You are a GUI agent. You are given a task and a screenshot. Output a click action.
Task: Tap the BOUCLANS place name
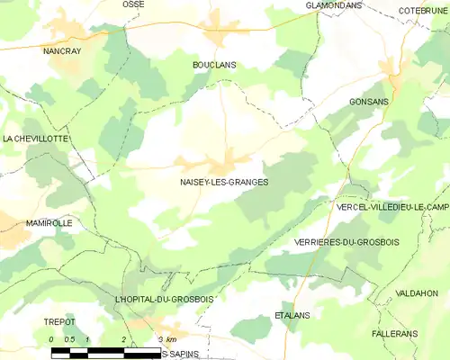tap(214, 66)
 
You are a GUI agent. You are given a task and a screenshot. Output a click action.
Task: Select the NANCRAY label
tap(62, 51)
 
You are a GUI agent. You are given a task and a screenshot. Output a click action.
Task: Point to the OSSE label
tap(133, 4)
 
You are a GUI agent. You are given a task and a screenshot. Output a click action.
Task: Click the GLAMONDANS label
tap(333, 5)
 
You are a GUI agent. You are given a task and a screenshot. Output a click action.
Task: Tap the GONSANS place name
tap(368, 102)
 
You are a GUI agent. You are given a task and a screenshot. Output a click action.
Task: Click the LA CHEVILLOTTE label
tap(35, 139)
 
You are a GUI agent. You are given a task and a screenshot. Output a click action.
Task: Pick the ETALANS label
tap(292, 316)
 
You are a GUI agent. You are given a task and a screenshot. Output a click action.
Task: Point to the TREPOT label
tap(58, 321)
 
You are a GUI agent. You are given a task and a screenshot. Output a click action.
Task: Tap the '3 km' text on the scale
tap(165, 338)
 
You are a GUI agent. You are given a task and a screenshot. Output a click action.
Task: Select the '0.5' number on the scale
tap(69, 338)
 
